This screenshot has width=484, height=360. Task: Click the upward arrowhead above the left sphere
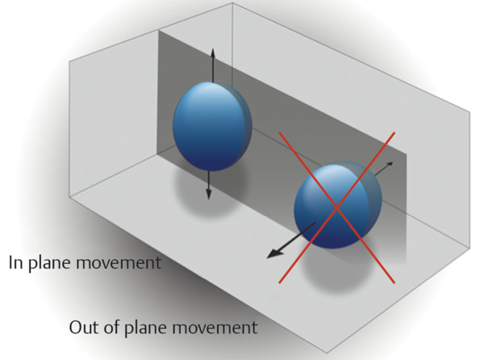(212, 52)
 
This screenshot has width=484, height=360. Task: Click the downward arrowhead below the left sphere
(209, 194)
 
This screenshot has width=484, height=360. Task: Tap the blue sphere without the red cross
(212, 127)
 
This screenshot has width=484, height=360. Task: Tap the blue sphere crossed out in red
(338, 205)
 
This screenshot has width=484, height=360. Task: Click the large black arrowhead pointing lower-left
(274, 253)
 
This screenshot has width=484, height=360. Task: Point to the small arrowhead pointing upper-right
(390, 164)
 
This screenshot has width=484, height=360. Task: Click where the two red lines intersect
(336, 207)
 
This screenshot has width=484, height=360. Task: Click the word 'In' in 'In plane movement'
(15, 262)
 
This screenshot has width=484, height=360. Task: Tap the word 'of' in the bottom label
(111, 327)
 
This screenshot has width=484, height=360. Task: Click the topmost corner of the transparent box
(232, 2)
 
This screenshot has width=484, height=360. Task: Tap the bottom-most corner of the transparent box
(327, 352)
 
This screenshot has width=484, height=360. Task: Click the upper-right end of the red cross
(394, 132)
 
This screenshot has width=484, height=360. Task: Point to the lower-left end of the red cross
(279, 283)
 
